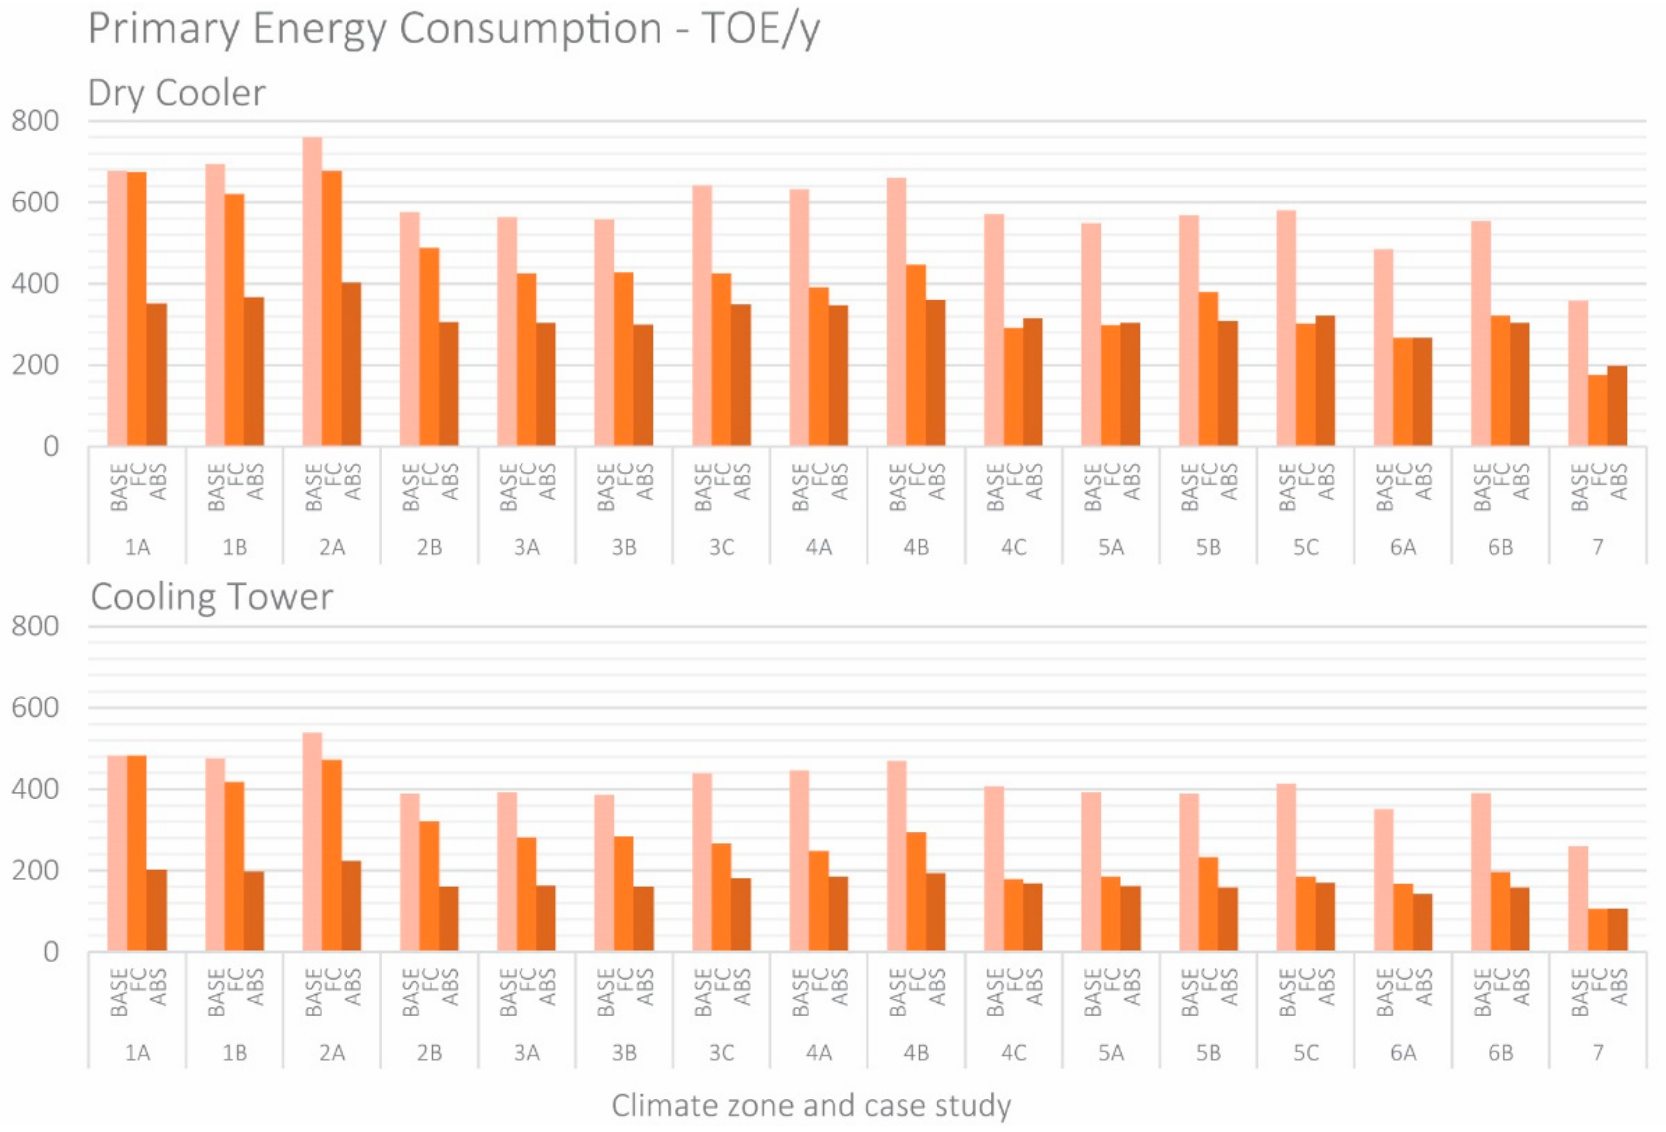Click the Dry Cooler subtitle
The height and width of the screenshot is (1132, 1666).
(x=176, y=93)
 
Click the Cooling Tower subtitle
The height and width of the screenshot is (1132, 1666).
(x=211, y=597)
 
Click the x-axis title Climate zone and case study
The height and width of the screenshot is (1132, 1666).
(x=811, y=1105)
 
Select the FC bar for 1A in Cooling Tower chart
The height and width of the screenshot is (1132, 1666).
(x=137, y=853)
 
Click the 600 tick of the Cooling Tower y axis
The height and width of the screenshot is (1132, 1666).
(x=35, y=708)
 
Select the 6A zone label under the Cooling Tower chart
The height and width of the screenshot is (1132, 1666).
(x=1403, y=1053)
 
